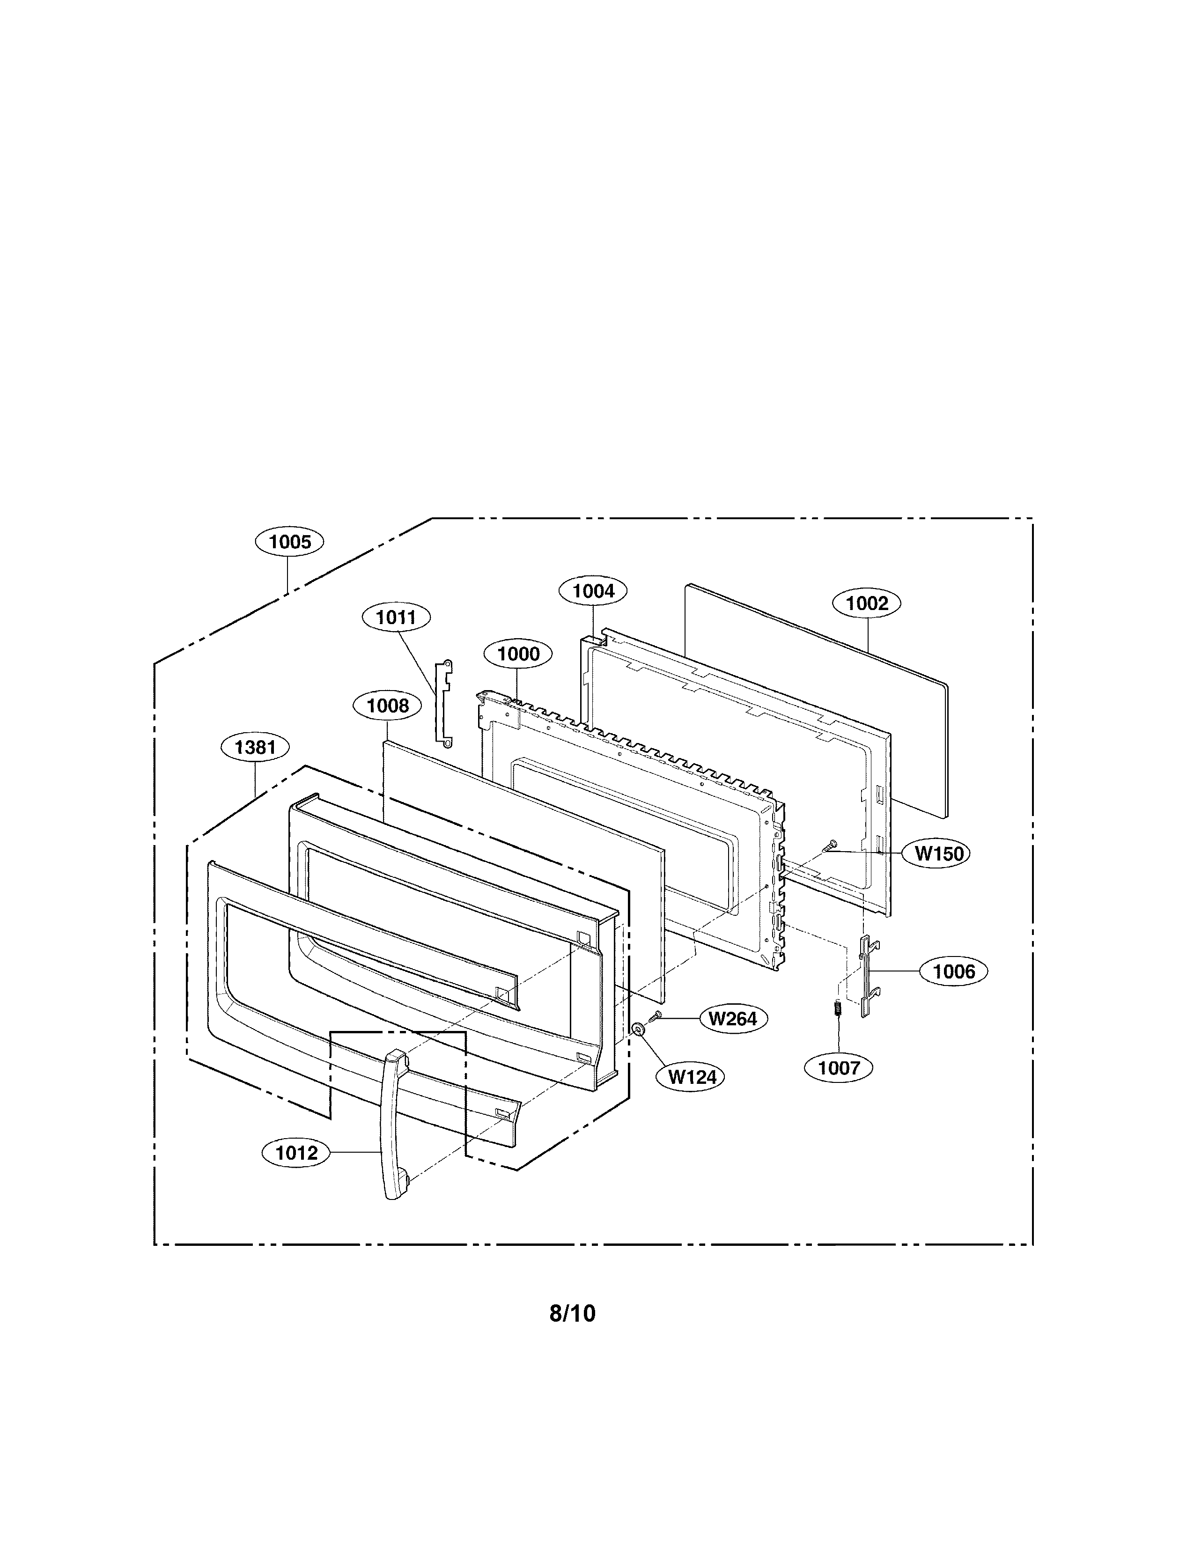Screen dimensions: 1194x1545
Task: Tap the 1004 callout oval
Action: click(593, 591)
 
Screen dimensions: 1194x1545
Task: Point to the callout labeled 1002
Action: click(867, 603)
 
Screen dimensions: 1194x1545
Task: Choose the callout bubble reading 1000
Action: click(518, 654)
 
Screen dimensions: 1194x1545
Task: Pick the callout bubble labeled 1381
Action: click(255, 747)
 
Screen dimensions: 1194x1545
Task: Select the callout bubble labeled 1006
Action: click(953, 971)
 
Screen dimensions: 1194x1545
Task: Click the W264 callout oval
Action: click(733, 1019)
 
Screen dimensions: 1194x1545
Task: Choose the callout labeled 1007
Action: click(838, 1067)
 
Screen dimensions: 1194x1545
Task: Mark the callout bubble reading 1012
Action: click(296, 1153)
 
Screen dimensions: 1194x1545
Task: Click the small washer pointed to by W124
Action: click(639, 1027)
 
